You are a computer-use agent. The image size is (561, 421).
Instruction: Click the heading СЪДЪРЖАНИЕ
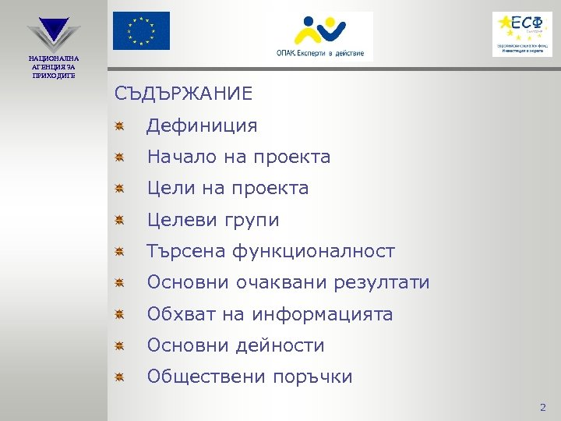183,94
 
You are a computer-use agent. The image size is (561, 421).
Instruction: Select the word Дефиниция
202,126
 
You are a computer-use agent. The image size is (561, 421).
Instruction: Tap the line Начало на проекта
238,157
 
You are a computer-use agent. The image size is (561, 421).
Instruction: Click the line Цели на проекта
228,188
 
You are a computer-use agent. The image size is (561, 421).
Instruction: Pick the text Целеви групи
213,220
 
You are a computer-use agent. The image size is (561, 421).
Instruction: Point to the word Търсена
185,251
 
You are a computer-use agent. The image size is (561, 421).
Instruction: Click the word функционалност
312,251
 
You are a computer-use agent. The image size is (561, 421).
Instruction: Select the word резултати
381,282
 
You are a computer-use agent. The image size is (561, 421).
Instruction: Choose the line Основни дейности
235,345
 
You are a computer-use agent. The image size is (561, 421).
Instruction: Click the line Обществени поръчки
249,377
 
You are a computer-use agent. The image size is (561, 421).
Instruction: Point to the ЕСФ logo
521,34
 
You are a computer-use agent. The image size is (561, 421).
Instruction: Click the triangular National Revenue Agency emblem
53,31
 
